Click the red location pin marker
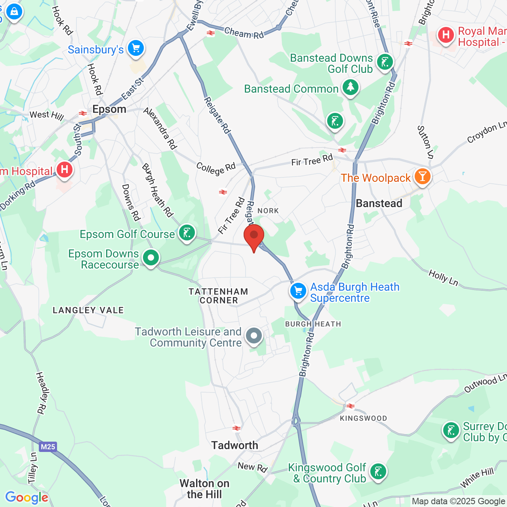(254, 236)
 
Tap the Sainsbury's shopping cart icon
(136, 48)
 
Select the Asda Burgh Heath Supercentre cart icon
(298, 291)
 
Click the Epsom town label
(109, 109)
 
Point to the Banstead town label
(379, 204)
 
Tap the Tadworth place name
(235, 446)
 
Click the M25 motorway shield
(48, 447)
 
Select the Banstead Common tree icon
(350, 87)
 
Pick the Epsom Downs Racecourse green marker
(151, 258)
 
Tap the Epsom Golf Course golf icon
(187, 233)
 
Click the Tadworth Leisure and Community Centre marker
(254, 336)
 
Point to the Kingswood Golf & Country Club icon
(378, 471)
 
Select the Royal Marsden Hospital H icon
(446, 35)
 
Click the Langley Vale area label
(88, 310)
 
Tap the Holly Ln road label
(443, 278)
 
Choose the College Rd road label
(216, 168)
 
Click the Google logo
(27, 497)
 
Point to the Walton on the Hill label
(204, 489)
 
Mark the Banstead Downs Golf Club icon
(385, 62)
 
